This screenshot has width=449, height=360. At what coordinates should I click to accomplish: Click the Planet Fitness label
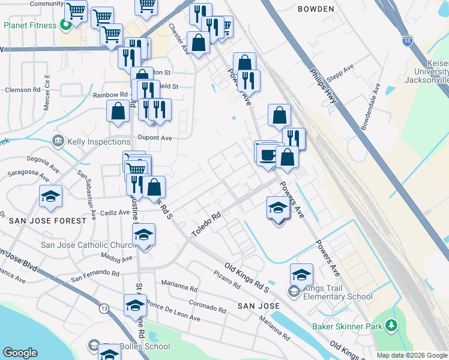[30, 26]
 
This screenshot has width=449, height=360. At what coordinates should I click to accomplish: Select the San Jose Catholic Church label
[82, 245]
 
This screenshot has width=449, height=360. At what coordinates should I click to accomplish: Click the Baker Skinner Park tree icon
[391, 326]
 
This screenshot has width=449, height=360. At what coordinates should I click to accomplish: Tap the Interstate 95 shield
[408, 41]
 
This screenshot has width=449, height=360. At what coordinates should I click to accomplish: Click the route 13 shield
[104, 308]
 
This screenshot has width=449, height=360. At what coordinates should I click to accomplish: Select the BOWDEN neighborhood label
[315, 9]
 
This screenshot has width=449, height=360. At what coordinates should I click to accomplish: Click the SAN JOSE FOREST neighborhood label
[47, 221]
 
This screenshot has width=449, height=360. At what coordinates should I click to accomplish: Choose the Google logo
[20, 353]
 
